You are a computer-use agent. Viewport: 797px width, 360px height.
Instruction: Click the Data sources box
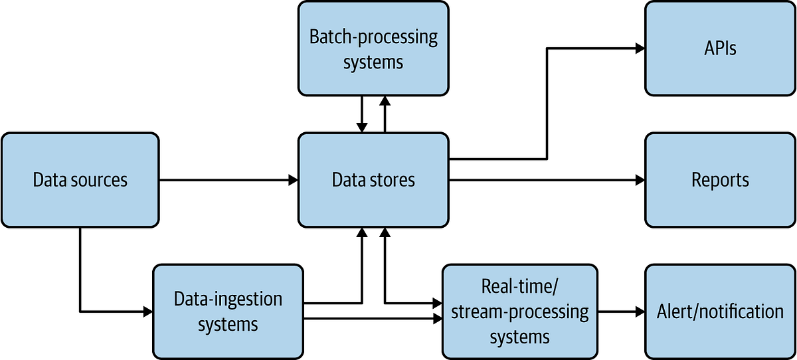[80, 180]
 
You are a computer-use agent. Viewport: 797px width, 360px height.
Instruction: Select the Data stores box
[373, 180]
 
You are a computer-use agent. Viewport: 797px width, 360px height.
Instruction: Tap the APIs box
[720, 48]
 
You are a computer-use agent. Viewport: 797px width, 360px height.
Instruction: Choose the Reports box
[720, 180]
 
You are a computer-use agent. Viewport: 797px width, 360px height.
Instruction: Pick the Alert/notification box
[720, 312]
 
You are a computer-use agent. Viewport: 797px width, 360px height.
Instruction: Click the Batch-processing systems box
[373, 48]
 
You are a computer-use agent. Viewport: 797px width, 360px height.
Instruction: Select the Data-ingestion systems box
[228, 312]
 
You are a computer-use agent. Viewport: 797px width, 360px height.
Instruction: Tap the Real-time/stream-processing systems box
[519, 312]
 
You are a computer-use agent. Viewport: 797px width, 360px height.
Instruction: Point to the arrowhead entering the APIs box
[640, 48]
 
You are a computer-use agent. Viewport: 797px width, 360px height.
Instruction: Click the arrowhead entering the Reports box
[640, 180]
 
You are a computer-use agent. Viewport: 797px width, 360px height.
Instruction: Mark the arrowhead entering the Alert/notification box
[640, 312]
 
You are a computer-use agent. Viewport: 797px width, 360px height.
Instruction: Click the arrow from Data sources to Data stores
[226, 180]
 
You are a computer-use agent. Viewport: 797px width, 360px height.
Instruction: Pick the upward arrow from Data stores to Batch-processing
[385, 113]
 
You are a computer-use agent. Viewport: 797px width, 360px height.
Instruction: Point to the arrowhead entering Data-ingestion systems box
[148, 312]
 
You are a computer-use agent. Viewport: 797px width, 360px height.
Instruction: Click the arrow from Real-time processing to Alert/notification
[618, 312]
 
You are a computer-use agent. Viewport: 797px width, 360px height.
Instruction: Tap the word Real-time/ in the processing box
[519, 286]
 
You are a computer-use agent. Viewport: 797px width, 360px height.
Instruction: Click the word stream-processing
[519, 312]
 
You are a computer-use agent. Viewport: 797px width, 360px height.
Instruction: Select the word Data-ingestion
[228, 299]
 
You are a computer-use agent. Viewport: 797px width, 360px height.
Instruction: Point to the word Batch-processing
[373, 36]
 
